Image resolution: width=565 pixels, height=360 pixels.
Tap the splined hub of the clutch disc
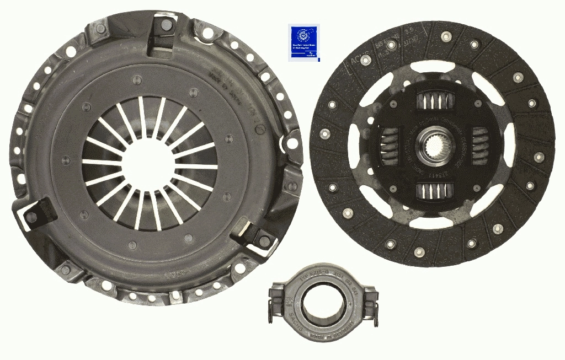coord(433,147)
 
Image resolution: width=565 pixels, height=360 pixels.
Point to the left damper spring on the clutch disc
coord(390,146)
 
